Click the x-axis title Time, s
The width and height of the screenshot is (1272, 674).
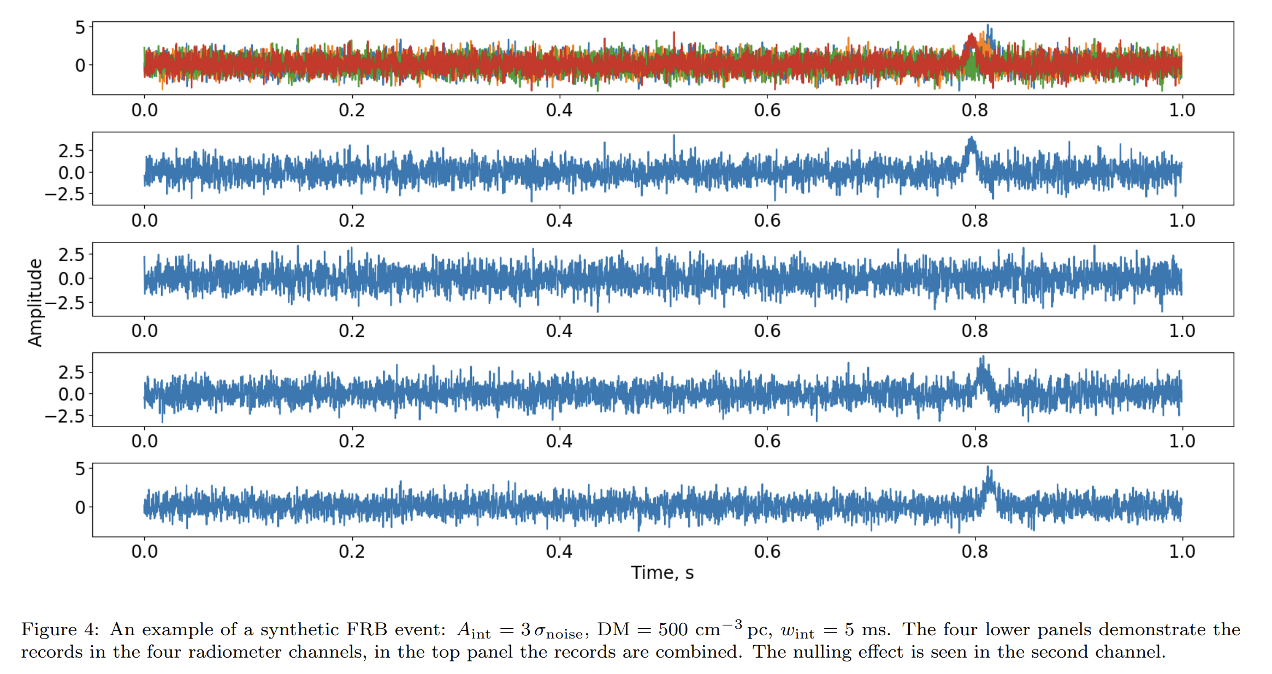point(662,572)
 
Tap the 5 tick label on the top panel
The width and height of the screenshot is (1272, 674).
point(80,27)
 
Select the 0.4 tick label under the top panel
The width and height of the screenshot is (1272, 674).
point(559,110)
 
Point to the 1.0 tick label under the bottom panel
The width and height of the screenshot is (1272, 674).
point(1182,552)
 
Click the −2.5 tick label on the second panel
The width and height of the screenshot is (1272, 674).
point(64,194)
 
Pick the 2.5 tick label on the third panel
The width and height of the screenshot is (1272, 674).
point(72,255)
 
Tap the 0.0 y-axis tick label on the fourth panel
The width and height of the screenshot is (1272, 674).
point(72,394)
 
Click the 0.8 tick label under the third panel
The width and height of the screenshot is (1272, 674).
point(974,331)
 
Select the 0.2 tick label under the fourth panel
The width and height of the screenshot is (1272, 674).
point(351,441)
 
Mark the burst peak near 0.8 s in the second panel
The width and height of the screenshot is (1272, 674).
point(971,139)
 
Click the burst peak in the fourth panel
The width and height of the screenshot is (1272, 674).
point(983,359)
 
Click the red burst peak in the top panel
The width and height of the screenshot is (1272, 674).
point(971,36)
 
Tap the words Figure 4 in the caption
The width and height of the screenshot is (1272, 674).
point(60,630)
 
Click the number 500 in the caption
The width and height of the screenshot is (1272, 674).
point(673,630)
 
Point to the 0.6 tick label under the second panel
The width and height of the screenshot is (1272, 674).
point(767,221)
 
